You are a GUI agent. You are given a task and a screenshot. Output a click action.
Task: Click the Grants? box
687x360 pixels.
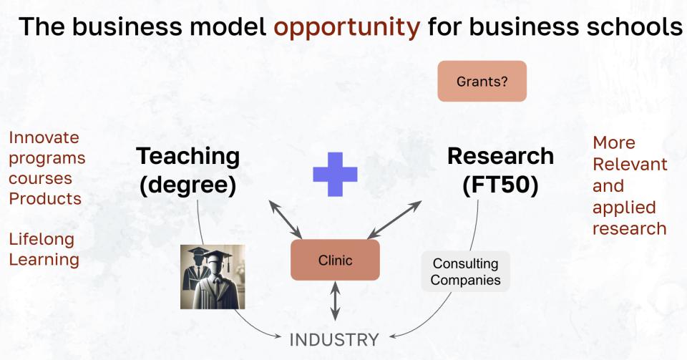coord(482,81)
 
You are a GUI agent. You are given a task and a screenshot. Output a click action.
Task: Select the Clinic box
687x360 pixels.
coord(335,260)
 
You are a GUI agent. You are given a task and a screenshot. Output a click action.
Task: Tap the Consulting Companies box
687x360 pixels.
coord(465,271)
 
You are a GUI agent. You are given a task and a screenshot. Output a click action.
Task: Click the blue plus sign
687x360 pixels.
coord(335,175)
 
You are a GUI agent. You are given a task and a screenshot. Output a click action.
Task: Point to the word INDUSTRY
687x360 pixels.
coord(334,340)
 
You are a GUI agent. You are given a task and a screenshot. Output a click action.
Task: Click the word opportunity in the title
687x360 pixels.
coord(347,27)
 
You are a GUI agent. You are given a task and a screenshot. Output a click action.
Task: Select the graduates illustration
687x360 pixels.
coord(213,277)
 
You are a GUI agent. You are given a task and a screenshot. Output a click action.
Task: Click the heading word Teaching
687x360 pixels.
coord(188,157)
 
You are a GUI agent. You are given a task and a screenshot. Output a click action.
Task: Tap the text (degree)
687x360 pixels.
coord(188,185)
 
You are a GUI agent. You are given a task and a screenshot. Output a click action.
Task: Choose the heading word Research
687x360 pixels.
coord(500,156)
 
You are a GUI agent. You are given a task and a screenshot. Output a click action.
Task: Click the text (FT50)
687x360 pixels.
coord(500,185)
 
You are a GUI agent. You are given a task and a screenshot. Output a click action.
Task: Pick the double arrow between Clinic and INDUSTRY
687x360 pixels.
coord(335,301)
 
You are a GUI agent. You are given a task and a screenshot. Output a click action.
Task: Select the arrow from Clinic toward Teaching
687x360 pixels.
coord(286,220)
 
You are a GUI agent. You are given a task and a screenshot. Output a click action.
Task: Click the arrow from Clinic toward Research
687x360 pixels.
coord(394,220)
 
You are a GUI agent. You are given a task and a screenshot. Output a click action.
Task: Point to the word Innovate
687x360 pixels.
coord(44,137)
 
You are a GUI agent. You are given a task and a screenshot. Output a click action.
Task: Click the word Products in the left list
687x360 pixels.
coord(45,198)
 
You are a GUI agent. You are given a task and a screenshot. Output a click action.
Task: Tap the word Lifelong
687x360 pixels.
coord(42,240)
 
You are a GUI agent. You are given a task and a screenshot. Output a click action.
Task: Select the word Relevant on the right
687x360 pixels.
coord(630,164)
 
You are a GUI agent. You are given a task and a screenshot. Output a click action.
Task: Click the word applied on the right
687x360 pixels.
coord(624,208)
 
